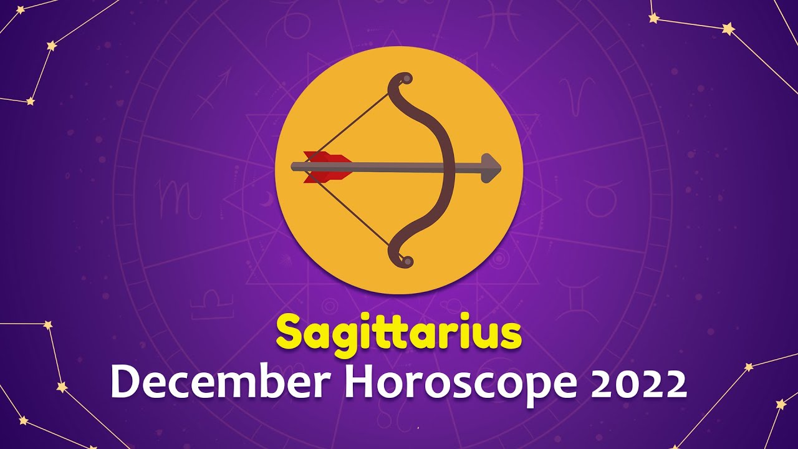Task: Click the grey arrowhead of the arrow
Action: click(x=491, y=167)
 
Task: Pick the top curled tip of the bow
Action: click(x=405, y=79)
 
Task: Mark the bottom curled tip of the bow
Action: click(x=405, y=261)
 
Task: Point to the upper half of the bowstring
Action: click(x=355, y=122)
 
